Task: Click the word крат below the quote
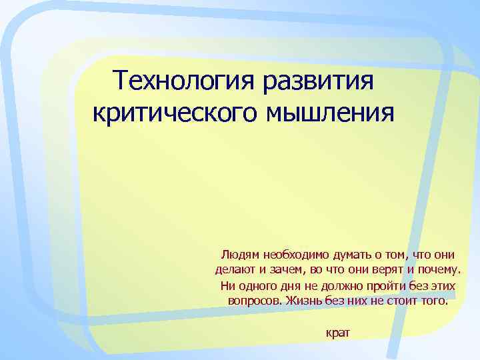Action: click(x=338, y=332)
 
